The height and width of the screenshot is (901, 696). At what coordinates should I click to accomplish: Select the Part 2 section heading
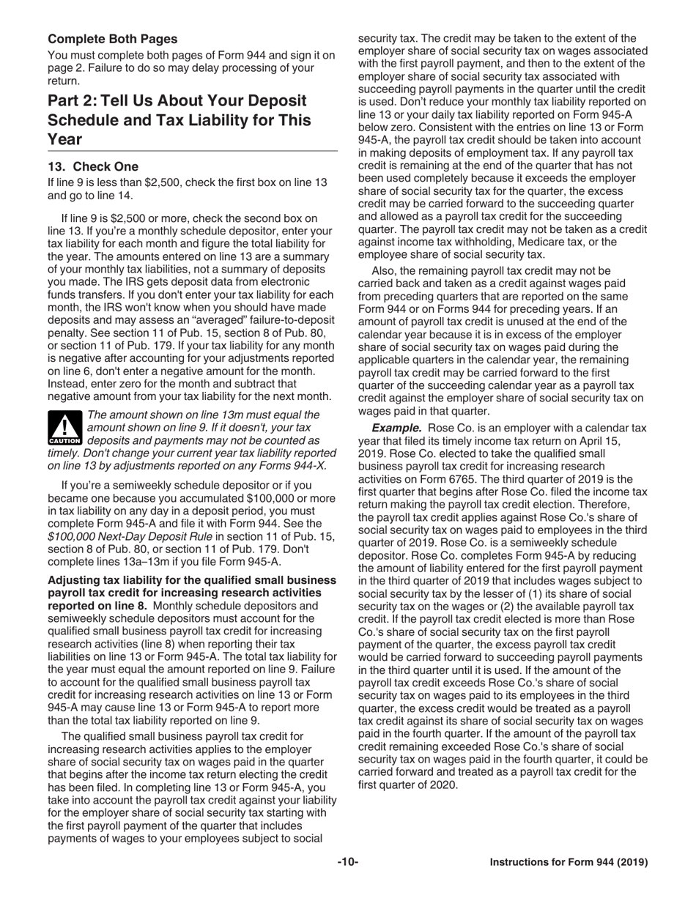179,119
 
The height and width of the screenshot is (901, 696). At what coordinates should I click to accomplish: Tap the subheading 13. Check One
93,166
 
